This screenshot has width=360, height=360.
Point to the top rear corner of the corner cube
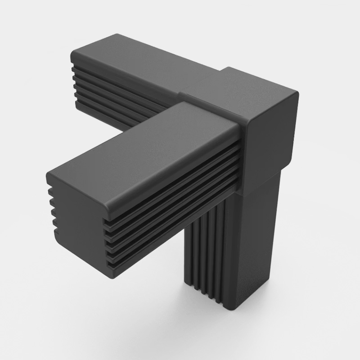tap(229, 68)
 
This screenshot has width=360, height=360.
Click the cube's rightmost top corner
tap(297, 92)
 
